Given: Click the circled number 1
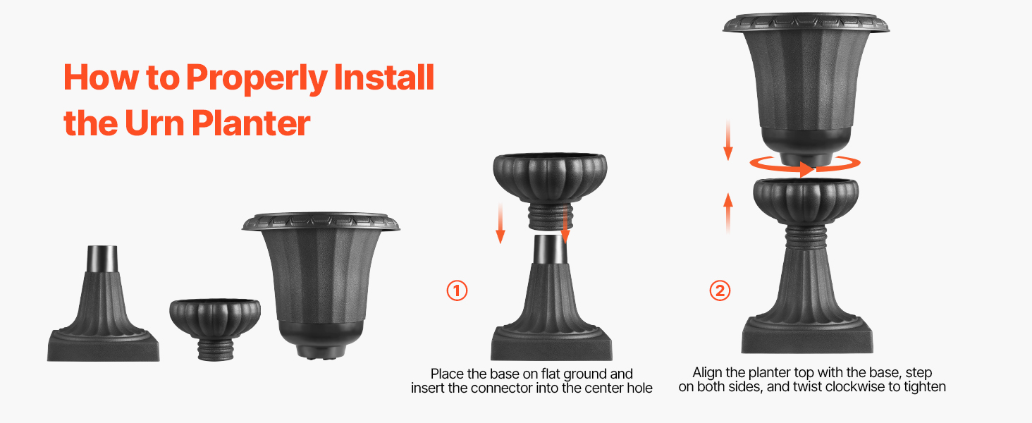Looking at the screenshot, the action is [457, 290].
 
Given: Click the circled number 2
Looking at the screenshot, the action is [720, 290].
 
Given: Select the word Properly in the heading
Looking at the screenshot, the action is [257, 78].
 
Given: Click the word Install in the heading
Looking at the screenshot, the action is [383, 77].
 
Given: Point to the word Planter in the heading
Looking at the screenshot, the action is [251, 123].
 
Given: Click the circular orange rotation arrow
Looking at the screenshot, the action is [804, 164].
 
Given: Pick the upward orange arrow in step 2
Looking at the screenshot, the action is [728, 213].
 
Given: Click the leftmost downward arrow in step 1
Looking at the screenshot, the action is [500, 223].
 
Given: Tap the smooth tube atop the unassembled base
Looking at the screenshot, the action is [102, 259].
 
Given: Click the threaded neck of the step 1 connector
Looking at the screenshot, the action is [550, 217].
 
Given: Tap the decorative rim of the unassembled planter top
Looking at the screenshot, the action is [321, 221].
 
